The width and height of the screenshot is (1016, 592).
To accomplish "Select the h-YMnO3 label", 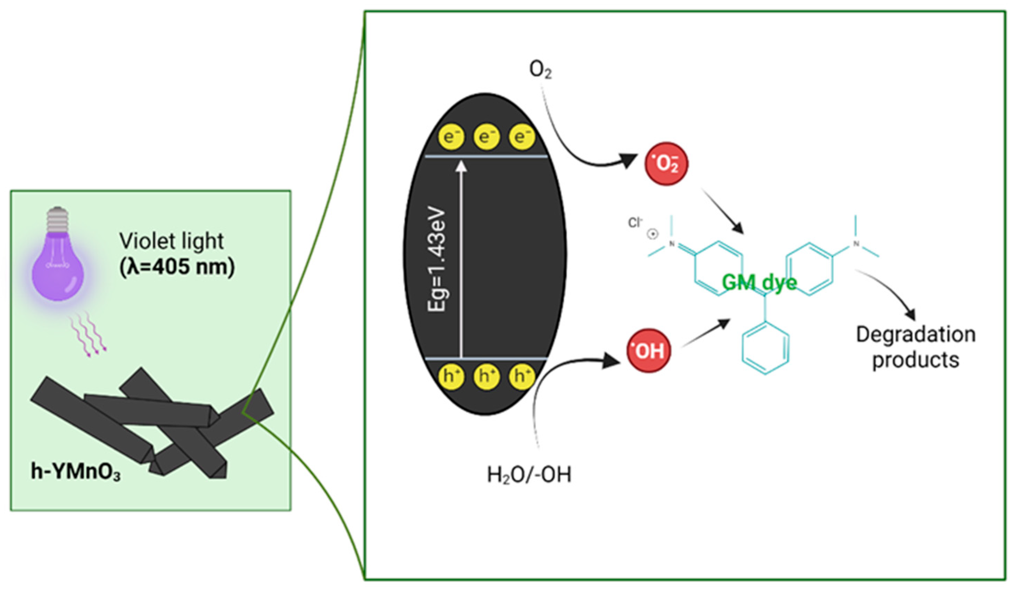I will [75, 471].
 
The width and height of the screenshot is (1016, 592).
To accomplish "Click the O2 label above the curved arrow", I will [540, 71].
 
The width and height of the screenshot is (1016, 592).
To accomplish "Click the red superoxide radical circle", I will [666, 164].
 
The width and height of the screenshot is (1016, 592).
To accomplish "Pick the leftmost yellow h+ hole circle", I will [451, 376].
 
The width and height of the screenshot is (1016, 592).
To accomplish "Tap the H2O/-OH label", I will [529, 475].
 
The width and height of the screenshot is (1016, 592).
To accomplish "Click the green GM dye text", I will [759, 283].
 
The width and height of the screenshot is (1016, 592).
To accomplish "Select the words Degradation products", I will [915, 347].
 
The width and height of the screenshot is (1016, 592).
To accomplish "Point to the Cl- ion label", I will [635, 223].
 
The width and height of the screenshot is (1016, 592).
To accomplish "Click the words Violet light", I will [171, 241].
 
